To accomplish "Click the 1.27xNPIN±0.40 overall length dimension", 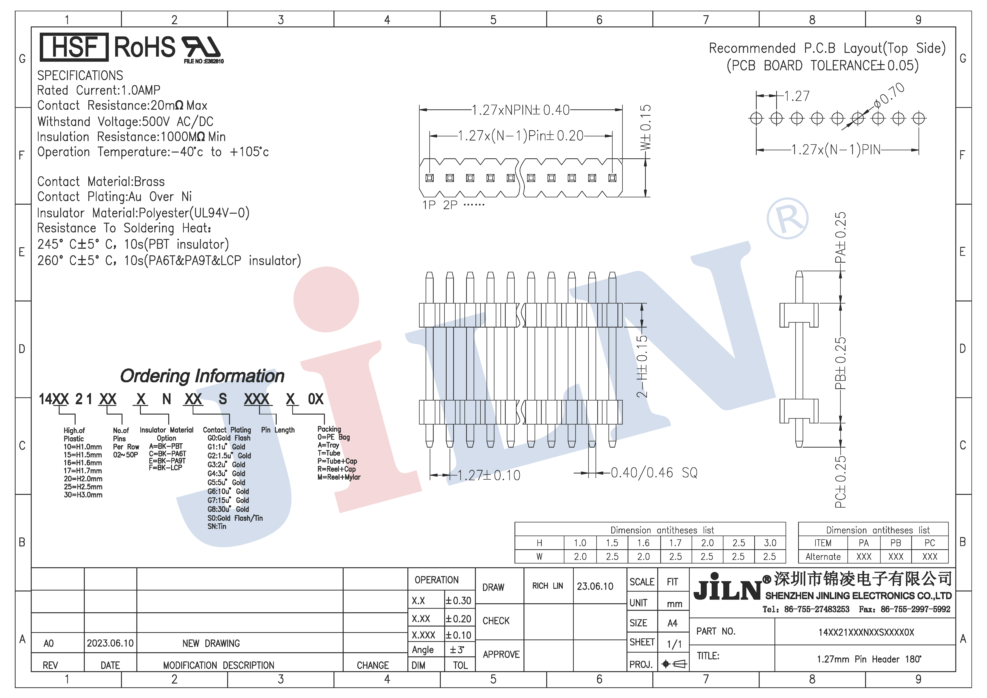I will coord(520,110).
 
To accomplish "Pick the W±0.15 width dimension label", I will coord(646,128).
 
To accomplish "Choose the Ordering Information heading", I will coord(202,376).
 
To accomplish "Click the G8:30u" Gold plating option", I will coord(228,509).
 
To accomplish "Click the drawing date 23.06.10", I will coord(595,586).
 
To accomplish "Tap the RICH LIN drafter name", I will coord(547,586).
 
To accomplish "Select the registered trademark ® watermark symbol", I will coord(788,218).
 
